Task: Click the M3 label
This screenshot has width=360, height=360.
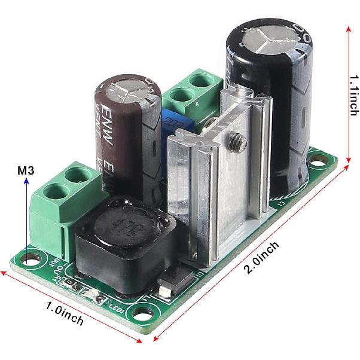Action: click(25, 171)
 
